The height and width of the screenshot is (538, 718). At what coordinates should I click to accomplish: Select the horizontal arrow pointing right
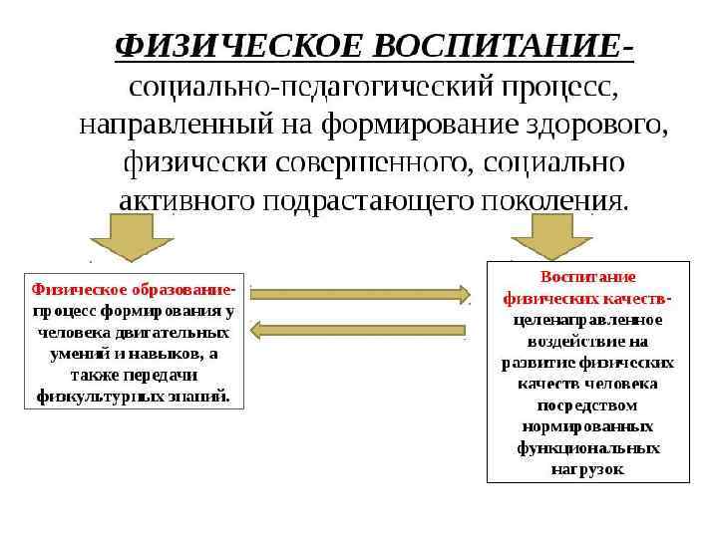(x=360, y=293)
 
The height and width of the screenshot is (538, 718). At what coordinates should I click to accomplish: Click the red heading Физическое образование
(x=132, y=290)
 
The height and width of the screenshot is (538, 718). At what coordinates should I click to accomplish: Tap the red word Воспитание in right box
(x=587, y=276)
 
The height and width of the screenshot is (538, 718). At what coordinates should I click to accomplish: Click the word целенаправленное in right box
(x=587, y=320)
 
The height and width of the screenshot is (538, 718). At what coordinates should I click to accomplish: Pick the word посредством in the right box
(x=587, y=405)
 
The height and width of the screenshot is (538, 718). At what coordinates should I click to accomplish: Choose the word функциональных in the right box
(x=587, y=448)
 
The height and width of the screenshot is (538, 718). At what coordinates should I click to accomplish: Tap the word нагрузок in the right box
(x=587, y=469)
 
